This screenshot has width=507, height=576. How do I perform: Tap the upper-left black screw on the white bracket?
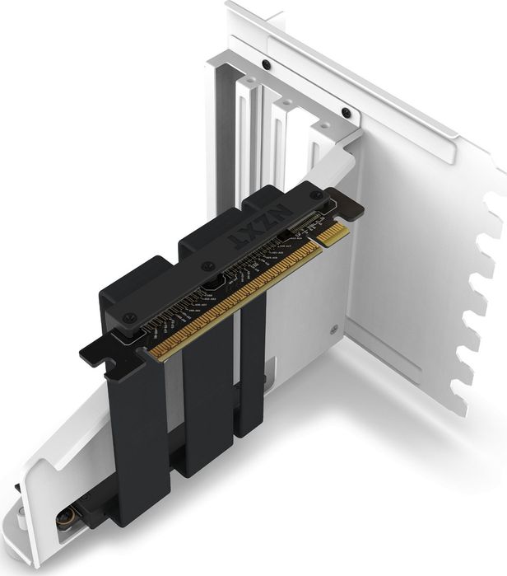pyautogui.click(x=265, y=64)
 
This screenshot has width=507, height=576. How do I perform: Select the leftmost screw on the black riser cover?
pyautogui.click(x=128, y=317)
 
